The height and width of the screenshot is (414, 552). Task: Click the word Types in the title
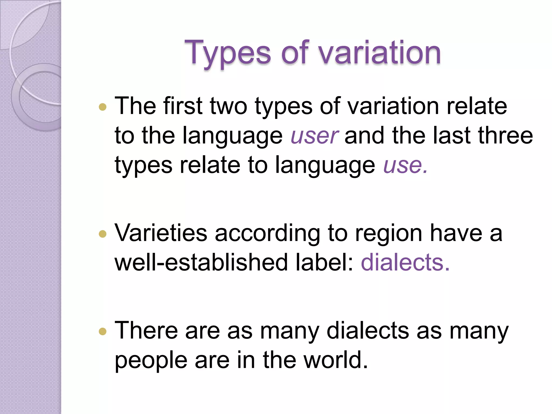coord(227,53)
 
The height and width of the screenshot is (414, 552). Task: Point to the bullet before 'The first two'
coord(103,107)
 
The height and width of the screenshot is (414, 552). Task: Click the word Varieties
coord(161,233)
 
